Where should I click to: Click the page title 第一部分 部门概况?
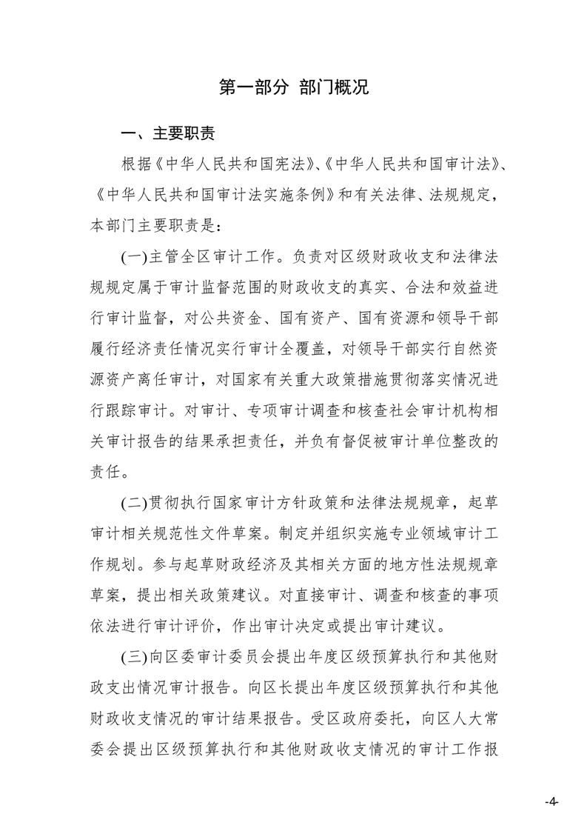coord(294,87)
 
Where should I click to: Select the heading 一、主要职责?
coord(169,134)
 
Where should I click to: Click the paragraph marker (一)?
coord(134,256)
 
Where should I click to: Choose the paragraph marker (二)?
coord(134,501)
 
